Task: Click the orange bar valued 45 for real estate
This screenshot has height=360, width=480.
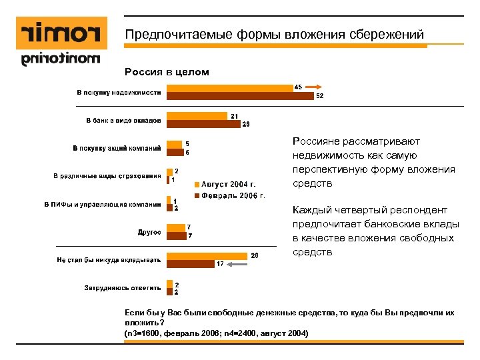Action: pos(229,87)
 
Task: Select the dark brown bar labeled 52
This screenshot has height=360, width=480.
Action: pos(240,95)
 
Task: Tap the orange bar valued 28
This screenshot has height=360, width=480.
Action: pos(207,255)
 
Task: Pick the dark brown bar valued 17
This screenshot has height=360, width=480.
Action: pos(190,264)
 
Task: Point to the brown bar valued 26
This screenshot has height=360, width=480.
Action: pos(203,124)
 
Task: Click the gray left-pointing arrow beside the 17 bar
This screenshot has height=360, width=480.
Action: pos(237,264)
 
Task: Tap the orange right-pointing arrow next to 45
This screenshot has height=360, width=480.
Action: pos(318,87)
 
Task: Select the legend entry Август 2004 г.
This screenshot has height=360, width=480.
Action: pos(227,183)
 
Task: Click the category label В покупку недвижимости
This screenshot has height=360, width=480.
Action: pos(117,91)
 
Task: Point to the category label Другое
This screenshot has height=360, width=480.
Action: pos(149,232)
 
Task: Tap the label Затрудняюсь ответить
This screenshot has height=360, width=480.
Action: pos(122,288)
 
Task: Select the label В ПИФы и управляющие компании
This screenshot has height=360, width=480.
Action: pos(102,204)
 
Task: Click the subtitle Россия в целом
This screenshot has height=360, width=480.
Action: pos(167,71)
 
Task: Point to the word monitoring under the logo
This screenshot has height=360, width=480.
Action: pos(61,60)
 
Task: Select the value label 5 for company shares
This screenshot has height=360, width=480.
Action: pos(187,143)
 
